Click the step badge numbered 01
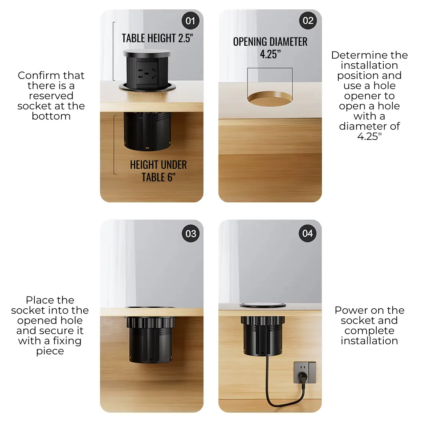pyautogui.click(x=190, y=21)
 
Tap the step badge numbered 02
pyautogui.click(x=308, y=21)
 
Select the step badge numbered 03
pyautogui.click(x=191, y=234)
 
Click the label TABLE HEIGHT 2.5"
pyautogui.click(x=157, y=38)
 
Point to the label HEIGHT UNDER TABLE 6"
pyautogui.click(x=158, y=171)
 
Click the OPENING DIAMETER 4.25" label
pyautogui.click(x=270, y=48)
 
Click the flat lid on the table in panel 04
pyautogui.click(x=263, y=305)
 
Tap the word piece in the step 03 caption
pyautogui.click(x=50, y=351)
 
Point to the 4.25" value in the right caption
pyautogui.click(x=369, y=136)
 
